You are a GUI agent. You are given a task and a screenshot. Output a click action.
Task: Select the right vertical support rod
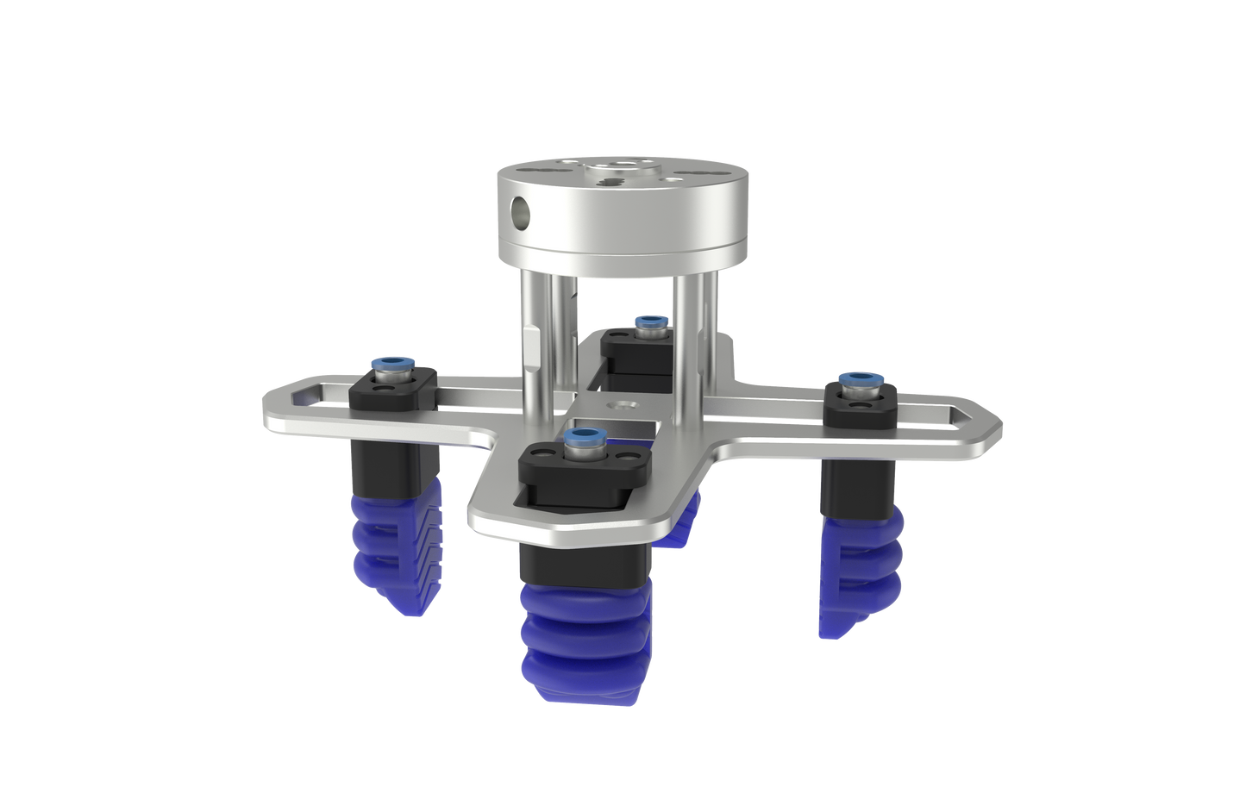point(697,328)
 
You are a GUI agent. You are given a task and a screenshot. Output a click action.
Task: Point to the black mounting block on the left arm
point(393,390)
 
